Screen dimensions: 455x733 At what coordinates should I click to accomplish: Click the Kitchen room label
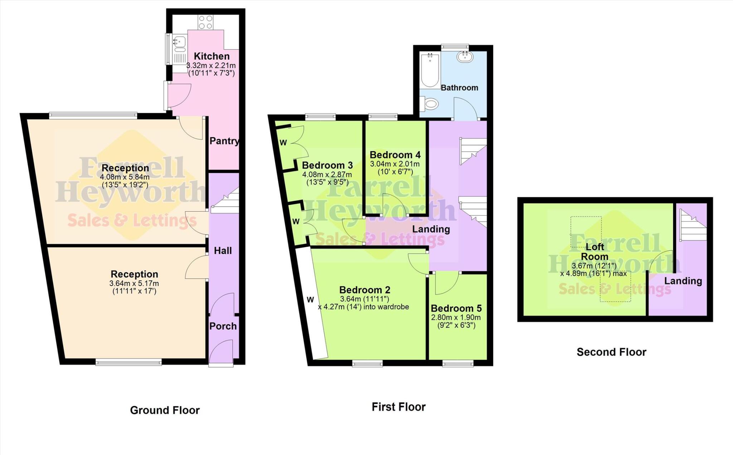pos(212,56)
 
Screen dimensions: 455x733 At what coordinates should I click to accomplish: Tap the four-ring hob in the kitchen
pos(206,22)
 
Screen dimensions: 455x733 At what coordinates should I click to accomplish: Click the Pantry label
pos(224,141)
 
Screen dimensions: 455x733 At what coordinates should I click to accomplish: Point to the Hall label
pos(223,251)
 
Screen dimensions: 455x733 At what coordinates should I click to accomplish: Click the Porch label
pos(223,326)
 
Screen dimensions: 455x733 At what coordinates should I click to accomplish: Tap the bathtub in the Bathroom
pos(430,71)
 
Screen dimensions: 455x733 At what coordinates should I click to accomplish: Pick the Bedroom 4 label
pos(395,155)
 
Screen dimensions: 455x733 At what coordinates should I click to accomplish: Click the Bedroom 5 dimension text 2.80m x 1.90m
pos(456,318)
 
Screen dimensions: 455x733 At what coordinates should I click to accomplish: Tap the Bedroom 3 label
pos(327,165)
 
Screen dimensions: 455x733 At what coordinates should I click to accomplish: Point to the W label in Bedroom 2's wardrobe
pos(310,300)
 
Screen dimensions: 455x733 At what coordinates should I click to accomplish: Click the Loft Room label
pos(594,252)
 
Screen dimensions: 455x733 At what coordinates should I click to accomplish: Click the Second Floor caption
pos(611,352)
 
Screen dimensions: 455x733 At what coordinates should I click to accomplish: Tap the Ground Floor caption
pos(165,410)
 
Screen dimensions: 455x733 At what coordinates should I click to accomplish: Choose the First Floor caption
pos(398,407)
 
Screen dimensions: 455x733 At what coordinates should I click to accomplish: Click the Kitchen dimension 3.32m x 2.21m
pos(211,66)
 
